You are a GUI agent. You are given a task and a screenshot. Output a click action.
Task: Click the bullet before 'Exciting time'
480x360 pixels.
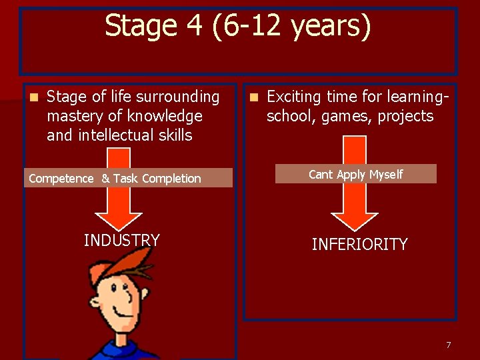tap(253, 97)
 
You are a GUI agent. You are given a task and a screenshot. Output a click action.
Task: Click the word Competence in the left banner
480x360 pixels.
tap(61, 179)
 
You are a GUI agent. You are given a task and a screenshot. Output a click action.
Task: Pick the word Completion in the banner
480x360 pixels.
tap(171, 179)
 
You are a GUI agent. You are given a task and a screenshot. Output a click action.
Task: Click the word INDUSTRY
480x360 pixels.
tap(122, 240)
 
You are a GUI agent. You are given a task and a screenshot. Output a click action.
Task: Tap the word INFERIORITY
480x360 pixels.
tap(359, 245)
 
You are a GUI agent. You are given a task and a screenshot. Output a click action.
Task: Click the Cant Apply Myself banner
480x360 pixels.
tap(356, 174)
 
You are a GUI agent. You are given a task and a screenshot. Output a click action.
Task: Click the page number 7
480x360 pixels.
tap(448, 345)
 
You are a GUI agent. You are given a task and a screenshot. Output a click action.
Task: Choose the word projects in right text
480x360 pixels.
tap(405, 117)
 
